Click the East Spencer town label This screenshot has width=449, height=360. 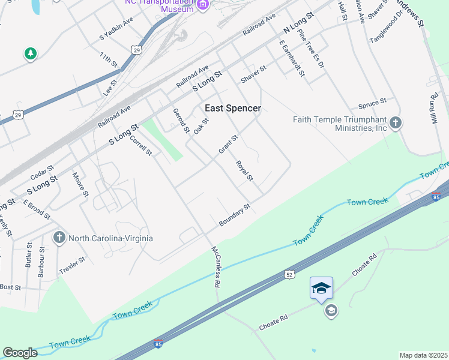[233, 108]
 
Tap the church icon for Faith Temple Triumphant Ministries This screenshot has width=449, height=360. [395, 123]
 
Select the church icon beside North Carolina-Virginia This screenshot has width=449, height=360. [59, 238]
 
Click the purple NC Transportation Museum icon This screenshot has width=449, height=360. [203, 5]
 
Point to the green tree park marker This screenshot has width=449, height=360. [30, 54]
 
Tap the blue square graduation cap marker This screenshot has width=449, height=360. [321, 289]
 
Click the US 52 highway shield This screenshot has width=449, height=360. [289, 274]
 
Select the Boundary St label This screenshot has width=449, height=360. [234, 215]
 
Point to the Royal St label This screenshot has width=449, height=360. [244, 170]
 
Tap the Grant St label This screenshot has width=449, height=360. [229, 144]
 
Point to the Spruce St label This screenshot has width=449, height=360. [372, 104]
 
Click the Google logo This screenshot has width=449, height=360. [20, 353]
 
